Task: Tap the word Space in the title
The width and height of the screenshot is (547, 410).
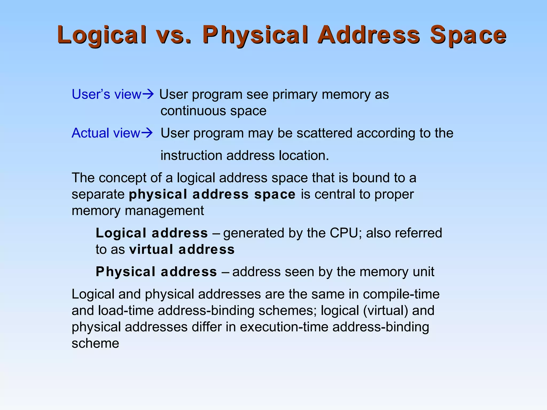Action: (x=468, y=35)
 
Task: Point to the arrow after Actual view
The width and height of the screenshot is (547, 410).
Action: (x=147, y=133)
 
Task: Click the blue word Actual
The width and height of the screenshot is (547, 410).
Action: (x=91, y=133)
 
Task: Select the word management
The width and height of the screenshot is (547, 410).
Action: (x=164, y=211)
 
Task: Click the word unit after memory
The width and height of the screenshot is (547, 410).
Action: (x=423, y=272)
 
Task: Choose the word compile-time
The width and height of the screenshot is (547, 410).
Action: (x=401, y=294)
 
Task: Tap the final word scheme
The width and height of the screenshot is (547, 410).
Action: (x=95, y=343)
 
